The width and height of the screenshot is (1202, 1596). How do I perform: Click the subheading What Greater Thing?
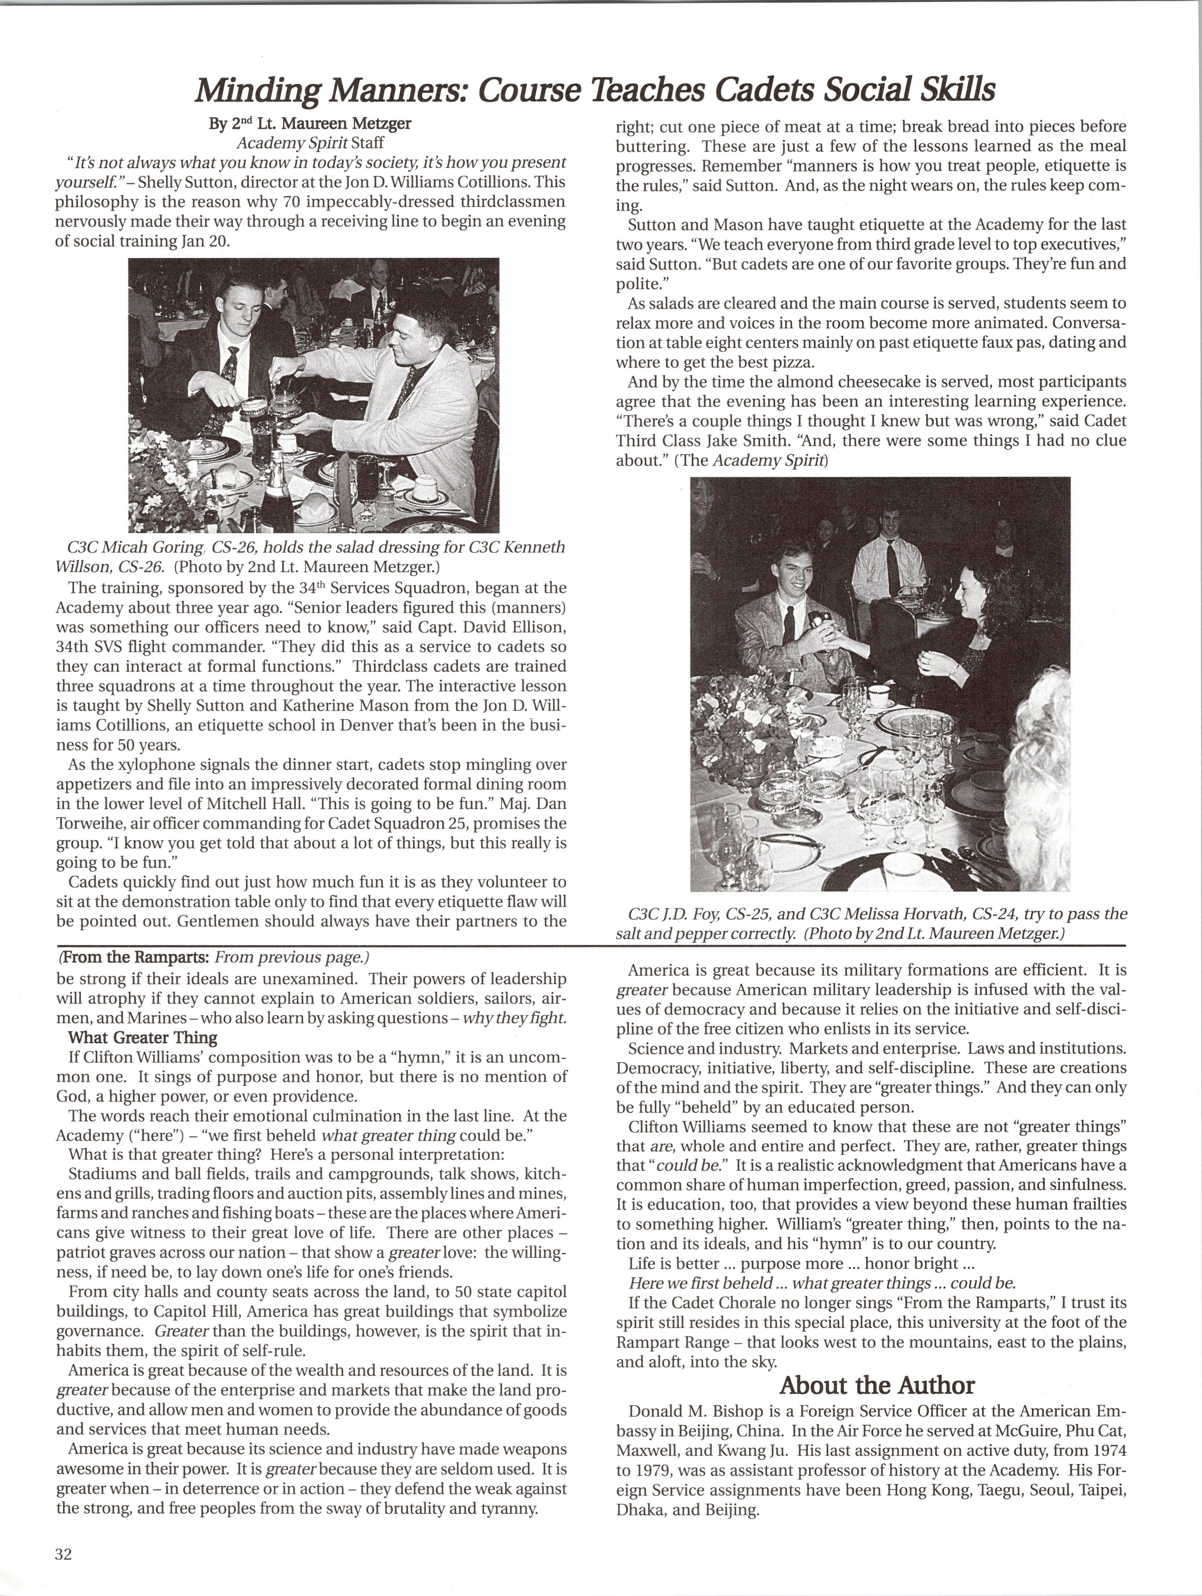click(143, 1038)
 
